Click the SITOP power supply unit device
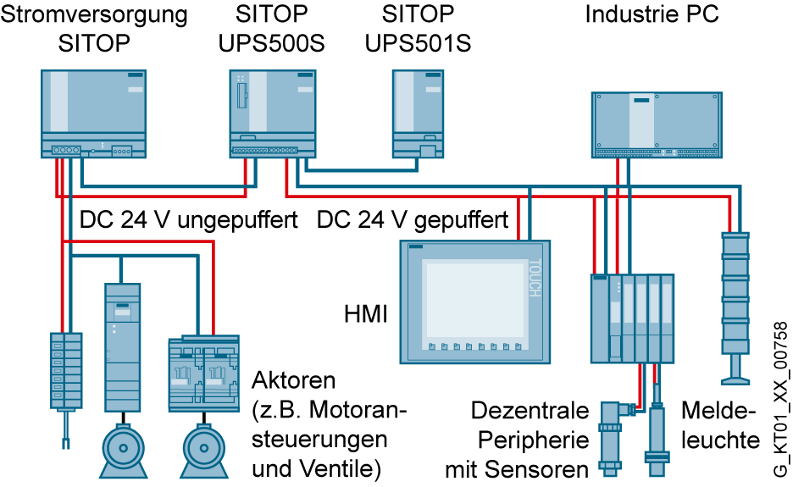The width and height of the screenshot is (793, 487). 93,113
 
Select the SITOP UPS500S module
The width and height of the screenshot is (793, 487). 273,113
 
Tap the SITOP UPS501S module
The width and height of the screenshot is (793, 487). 419,113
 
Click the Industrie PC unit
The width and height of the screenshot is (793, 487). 657,125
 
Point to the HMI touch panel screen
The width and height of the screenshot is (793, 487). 475,302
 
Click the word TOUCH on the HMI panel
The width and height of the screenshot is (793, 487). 535,278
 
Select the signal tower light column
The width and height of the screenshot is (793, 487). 735,308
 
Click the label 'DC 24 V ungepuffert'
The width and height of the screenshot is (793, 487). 189,220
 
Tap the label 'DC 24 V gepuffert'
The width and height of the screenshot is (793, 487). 413,220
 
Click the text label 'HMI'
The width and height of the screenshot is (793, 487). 366,314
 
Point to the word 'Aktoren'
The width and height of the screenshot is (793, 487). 294,380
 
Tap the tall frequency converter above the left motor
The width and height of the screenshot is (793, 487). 122,347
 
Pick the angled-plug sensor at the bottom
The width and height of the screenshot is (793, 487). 613,438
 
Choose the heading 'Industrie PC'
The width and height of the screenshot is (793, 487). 652,14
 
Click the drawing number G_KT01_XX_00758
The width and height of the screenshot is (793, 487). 781,399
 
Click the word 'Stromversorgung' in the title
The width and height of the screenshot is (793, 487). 94,15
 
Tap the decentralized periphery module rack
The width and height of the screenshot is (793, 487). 633,318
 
